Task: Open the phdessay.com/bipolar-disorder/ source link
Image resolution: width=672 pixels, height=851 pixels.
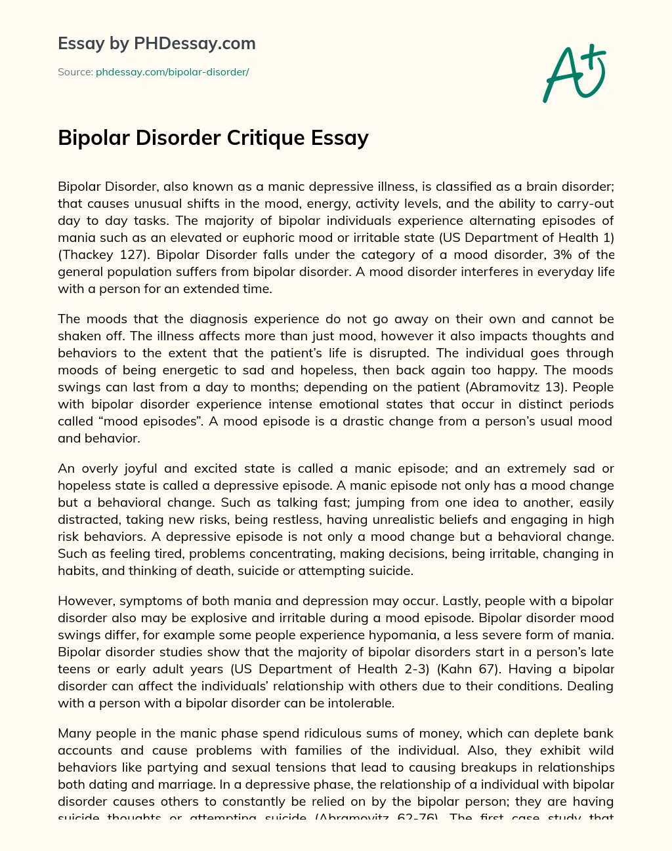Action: [x=173, y=72]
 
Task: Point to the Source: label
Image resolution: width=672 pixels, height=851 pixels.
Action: [x=75, y=72]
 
